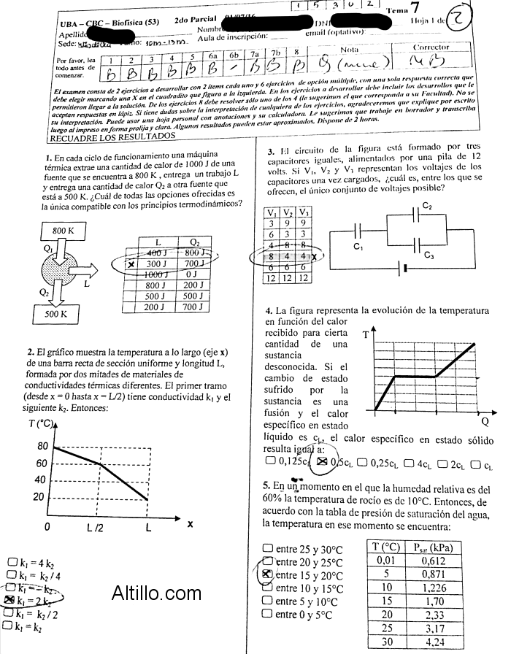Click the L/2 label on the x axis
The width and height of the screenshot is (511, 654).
tap(96, 526)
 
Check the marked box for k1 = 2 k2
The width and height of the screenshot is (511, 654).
tap(9, 600)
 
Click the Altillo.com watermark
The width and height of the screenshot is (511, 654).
tap(156, 594)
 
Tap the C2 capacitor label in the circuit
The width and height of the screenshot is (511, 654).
tap(428, 207)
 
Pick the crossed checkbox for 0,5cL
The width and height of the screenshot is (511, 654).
tap(322, 462)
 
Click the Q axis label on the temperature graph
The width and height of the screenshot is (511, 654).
tap(485, 422)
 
